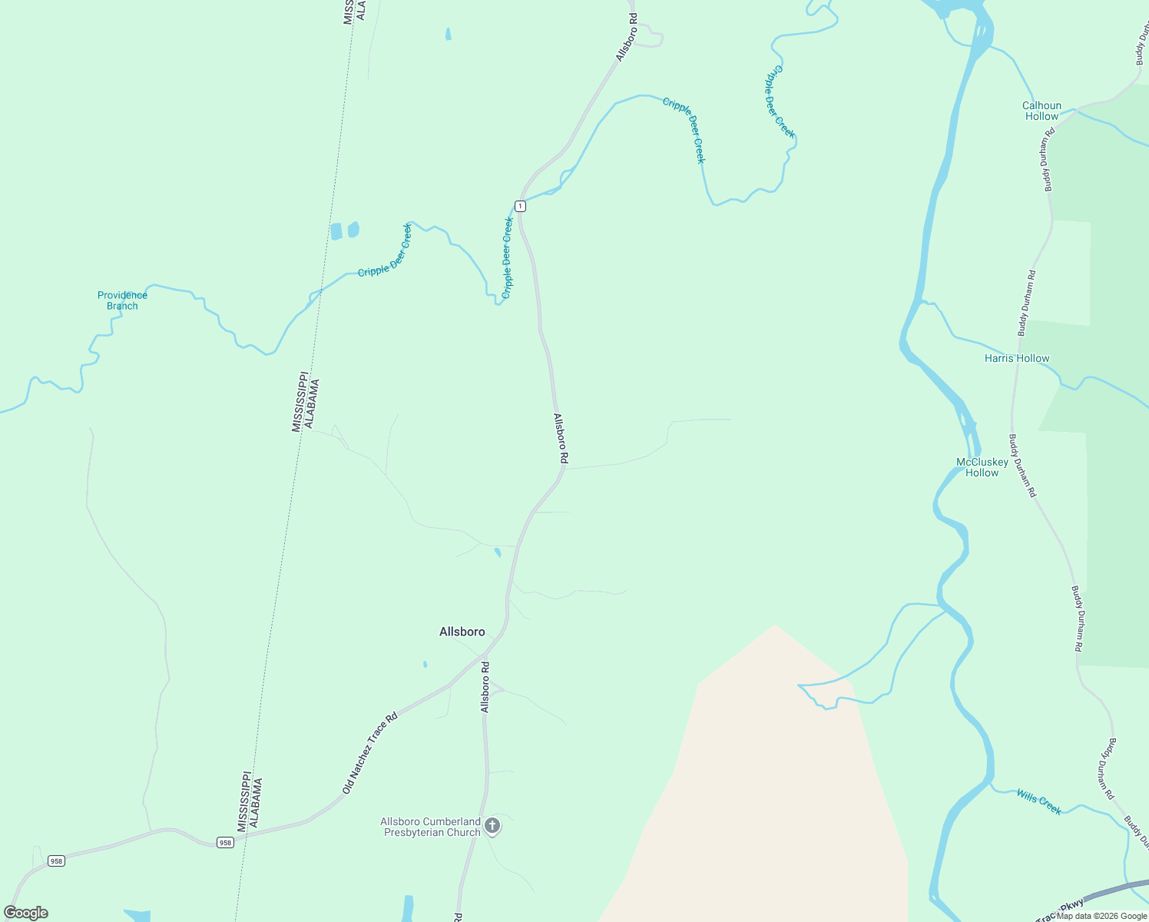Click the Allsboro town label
pos(462,632)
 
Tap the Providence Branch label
pos(122,300)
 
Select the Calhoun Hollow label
pos(1041,111)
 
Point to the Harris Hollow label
pos(1016,358)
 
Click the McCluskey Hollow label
pos(982,467)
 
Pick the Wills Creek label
pos(1038,801)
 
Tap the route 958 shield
pos(224,842)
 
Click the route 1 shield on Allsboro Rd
pos(520,206)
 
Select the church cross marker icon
pos(492,826)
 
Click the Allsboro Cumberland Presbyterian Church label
pos(431,827)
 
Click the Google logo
pos(25,913)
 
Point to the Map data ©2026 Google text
pos(1101,916)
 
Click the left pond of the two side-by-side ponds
pos(336,231)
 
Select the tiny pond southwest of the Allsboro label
pos(425,664)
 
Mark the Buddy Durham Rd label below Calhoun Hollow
pos(1048,159)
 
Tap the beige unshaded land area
pos(768,784)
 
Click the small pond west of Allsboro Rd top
pos(448,34)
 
